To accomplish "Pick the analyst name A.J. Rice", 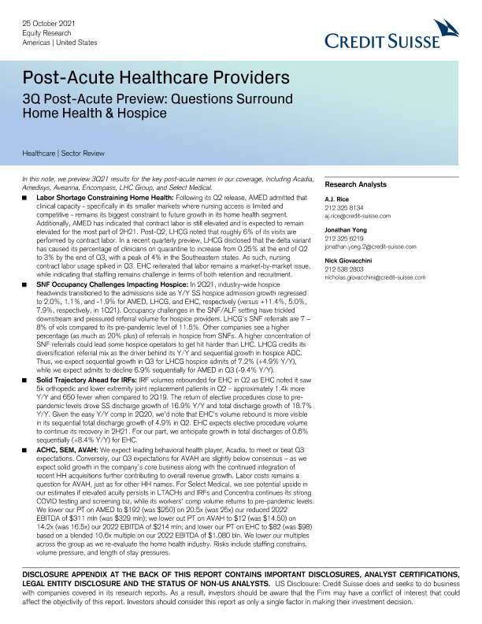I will coord(339,200).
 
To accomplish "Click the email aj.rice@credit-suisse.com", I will coord(362,216).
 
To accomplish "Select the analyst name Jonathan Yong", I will coord(347,232).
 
